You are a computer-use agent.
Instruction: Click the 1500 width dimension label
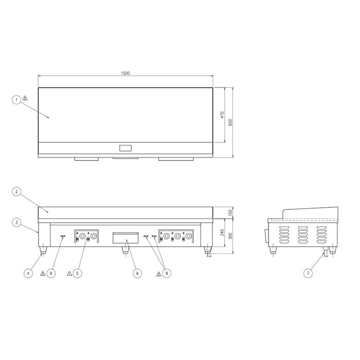[x=125, y=73]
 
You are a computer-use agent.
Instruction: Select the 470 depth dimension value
[x=222, y=115]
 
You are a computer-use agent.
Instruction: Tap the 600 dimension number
[x=230, y=122]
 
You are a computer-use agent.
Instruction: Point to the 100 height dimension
[x=230, y=212]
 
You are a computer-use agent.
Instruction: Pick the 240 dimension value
[x=222, y=232]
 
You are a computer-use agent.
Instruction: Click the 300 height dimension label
[x=230, y=236]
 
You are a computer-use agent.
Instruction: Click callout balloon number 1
[x=16, y=100]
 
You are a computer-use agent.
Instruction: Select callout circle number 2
[x=16, y=191]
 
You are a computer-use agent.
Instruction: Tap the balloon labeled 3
[x=16, y=223]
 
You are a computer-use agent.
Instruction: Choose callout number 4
[x=28, y=273]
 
